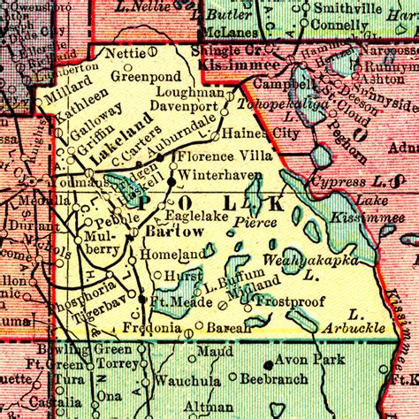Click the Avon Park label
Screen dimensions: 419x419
[x=303, y=361]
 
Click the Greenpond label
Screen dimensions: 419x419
[x=146, y=76]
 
